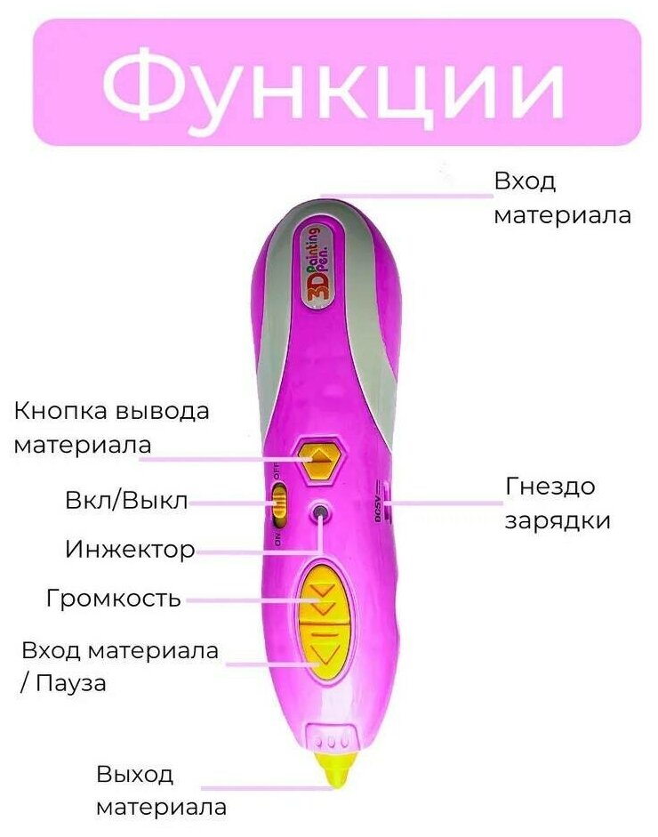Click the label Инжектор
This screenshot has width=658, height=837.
click(x=130, y=550)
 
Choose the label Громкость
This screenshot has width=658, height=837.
click(x=113, y=599)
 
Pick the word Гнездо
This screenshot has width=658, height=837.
click(x=550, y=487)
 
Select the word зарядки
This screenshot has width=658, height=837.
click(x=558, y=521)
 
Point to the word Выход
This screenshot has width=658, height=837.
click(x=134, y=775)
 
